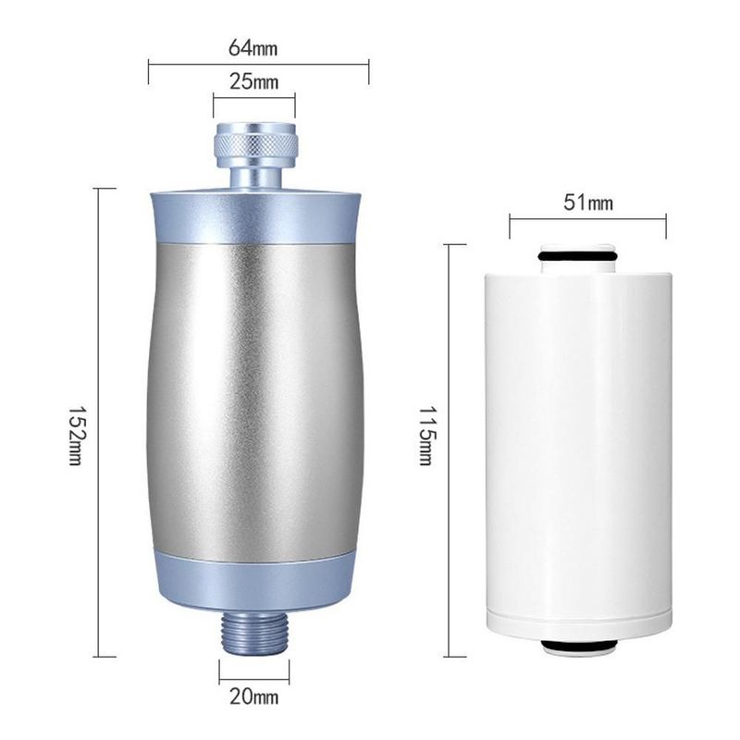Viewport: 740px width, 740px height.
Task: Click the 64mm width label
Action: (253, 48)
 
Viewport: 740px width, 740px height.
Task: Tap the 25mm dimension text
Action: (253, 81)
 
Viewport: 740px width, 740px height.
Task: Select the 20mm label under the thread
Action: (253, 697)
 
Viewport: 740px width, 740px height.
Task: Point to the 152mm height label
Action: (76, 437)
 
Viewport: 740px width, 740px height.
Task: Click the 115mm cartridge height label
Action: (425, 436)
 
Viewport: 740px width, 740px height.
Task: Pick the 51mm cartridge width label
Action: (588, 203)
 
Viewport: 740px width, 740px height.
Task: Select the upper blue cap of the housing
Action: (255, 216)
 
